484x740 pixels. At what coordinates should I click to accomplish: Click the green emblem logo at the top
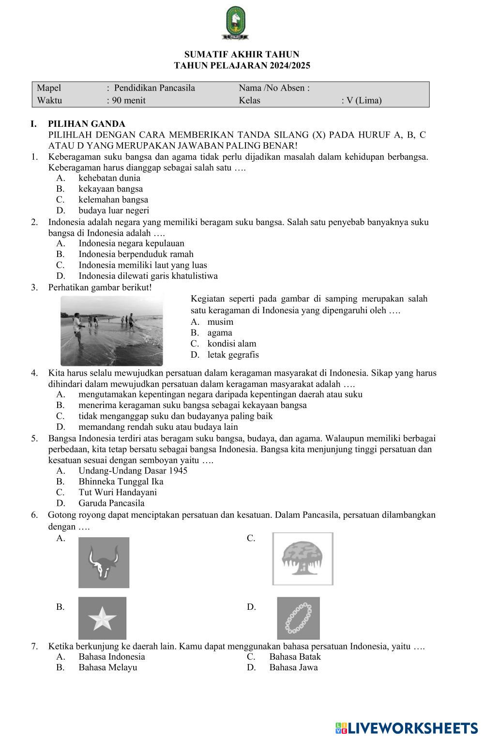(236, 23)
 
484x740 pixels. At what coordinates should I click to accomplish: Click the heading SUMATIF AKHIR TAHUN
(242, 54)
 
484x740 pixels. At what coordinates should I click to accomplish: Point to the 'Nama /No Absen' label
(273, 88)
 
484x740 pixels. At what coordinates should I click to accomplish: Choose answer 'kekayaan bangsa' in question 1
(110, 189)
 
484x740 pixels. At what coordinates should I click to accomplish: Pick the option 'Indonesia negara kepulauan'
(131, 243)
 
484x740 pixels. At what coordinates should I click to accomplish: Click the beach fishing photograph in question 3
(112, 330)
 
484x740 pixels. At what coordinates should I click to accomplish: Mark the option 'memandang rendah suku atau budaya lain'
(158, 427)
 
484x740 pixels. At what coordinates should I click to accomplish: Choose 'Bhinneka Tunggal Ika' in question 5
(121, 482)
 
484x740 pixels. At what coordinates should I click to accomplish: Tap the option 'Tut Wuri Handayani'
(118, 492)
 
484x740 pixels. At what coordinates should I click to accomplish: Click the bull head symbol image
(104, 562)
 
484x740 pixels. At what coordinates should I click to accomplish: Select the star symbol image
(102, 618)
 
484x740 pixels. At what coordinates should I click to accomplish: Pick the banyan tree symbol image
(302, 559)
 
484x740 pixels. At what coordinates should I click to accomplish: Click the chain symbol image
(298, 618)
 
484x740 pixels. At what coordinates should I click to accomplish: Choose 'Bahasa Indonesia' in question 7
(112, 657)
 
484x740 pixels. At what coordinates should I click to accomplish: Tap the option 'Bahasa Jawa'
(293, 667)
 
